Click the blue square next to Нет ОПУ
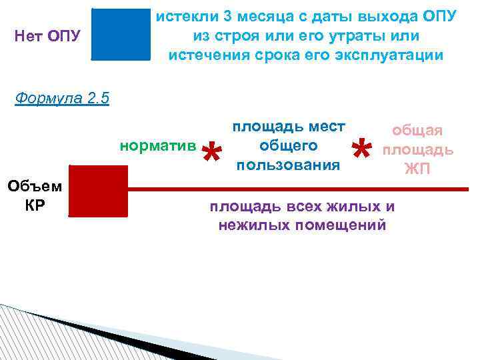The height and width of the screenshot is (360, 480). point(121,34)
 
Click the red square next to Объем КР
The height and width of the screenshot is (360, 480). point(98,191)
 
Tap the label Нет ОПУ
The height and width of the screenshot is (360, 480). point(47,35)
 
